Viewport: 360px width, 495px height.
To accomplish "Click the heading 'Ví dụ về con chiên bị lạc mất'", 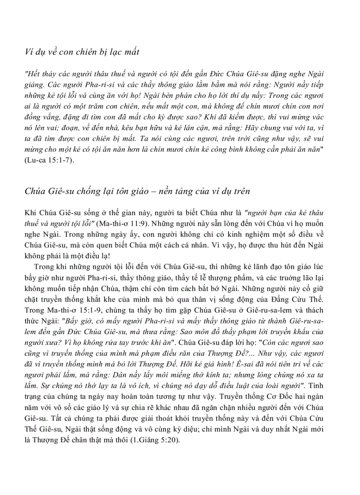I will click(x=82, y=52).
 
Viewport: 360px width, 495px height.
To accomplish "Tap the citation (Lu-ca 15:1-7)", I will click(x=49, y=160).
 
